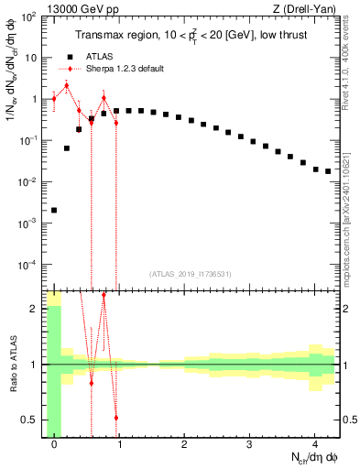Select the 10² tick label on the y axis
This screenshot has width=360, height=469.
point(29,16)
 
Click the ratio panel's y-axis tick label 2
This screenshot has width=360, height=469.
point(35,309)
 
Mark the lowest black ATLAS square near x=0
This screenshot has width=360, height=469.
point(54,210)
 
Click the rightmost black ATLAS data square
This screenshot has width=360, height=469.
point(328,171)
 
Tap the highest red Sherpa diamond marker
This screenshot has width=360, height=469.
point(66,86)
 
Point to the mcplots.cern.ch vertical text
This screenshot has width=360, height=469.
point(351,202)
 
